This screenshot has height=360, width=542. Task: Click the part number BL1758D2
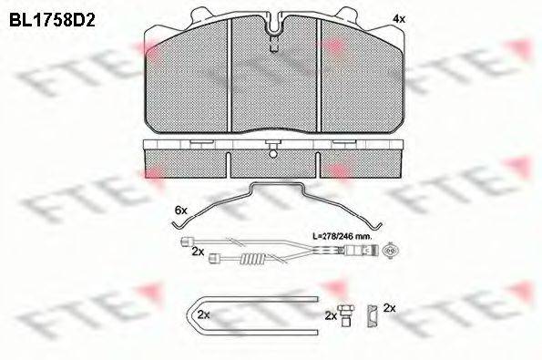click(52, 21)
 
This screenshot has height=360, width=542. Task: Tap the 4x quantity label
click(399, 19)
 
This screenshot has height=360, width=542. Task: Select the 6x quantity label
click(180, 210)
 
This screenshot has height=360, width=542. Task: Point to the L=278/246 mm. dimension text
click(342, 237)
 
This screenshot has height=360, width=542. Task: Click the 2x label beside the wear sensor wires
click(198, 252)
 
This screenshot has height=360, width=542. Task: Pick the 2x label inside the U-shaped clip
click(204, 314)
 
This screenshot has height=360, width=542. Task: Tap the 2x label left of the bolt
click(331, 315)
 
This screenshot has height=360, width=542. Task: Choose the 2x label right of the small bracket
click(389, 308)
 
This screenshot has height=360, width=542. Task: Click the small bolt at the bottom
click(345, 315)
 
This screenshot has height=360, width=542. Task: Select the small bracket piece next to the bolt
click(373, 315)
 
